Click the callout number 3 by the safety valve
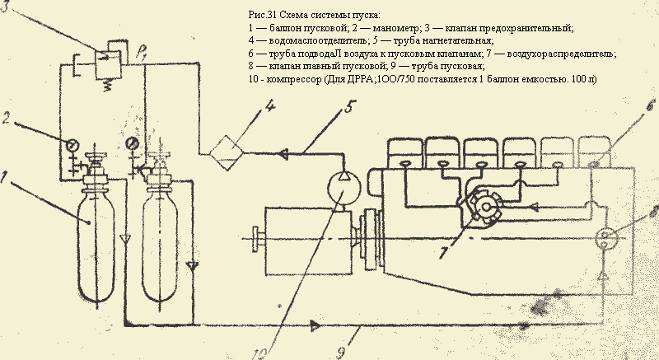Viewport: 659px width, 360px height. (x=7, y=7)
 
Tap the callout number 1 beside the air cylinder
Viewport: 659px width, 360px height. (x=7, y=176)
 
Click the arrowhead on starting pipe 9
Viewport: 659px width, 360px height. (x=315, y=325)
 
